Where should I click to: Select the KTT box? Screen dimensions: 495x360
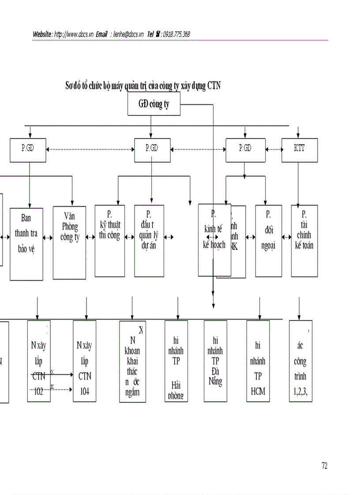[299, 150]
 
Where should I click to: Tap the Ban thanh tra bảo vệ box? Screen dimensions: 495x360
[26, 244]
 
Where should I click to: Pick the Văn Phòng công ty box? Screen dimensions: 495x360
[69, 242]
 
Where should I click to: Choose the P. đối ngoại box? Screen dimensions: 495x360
[268, 241]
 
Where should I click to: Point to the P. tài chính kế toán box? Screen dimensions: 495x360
[304, 241]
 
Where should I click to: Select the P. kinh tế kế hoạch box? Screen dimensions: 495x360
[214, 240]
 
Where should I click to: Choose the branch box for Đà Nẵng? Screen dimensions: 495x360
[215, 361]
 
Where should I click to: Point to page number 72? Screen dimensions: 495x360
[324, 465]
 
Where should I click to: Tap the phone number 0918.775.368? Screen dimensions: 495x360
[176, 34]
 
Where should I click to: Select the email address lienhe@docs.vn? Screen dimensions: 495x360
[128, 34]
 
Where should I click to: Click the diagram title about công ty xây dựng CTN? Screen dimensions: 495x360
[143, 86]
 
